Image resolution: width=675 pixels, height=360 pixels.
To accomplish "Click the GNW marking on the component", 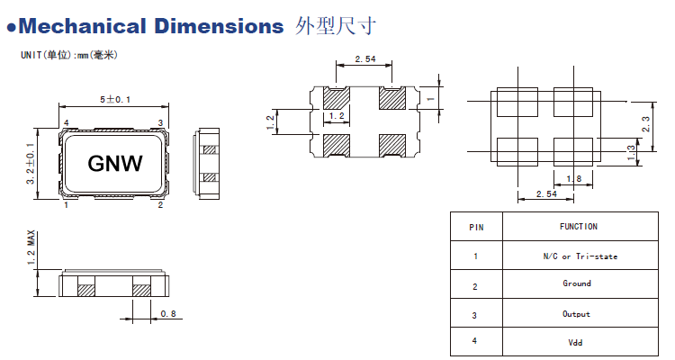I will coord(113,164).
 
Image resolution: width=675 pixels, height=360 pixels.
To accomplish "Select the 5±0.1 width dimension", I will coord(114,99).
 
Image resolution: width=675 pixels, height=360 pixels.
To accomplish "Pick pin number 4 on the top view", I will coord(67,122).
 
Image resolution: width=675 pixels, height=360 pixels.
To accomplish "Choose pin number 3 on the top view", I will coord(160,122).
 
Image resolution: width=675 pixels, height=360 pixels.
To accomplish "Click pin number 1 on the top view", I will coord(67,205).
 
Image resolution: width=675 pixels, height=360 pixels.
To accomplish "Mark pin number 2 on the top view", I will coord(160,205).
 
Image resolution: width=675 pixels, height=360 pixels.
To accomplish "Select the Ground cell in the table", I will coord(577,283).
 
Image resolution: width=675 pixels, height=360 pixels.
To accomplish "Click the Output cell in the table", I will coord(577,314).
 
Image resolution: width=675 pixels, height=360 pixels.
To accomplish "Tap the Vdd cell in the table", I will coord(577,343).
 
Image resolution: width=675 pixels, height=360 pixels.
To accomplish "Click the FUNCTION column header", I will coord(578,227).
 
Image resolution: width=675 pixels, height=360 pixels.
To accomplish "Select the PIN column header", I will coord(476,228).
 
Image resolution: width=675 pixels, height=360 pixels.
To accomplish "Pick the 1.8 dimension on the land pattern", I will coord(573,178).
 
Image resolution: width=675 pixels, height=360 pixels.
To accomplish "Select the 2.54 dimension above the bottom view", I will coord(364,59).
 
